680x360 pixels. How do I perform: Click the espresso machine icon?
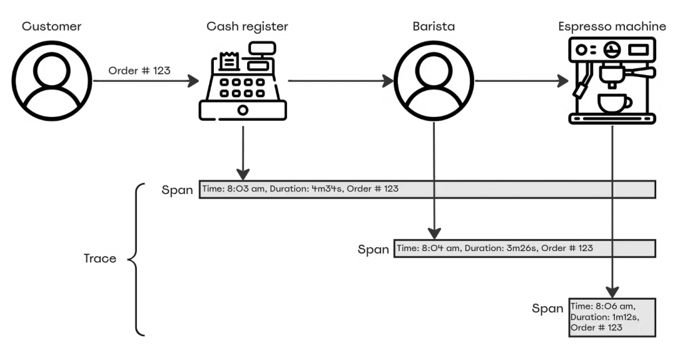(x=612, y=81)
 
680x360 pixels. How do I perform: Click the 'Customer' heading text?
(x=51, y=27)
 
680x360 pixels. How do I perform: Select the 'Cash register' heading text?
(x=247, y=27)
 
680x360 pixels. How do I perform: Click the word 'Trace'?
(x=100, y=258)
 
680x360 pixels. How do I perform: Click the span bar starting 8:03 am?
(x=427, y=189)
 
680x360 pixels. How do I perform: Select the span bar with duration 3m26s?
(x=525, y=248)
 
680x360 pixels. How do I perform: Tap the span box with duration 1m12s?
(x=612, y=317)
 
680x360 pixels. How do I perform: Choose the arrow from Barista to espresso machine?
(x=521, y=82)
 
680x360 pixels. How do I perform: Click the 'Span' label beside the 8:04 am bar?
(x=373, y=250)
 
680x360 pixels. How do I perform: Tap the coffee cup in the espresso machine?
(x=614, y=104)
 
